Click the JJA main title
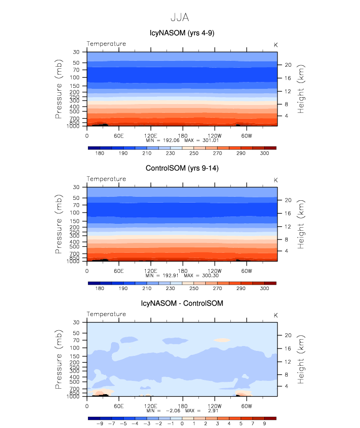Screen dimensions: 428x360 [x=179, y=17]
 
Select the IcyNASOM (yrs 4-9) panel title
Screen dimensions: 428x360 [x=182, y=33]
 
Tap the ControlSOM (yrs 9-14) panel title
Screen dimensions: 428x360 [x=182, y=168]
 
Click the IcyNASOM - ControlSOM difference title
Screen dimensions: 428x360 [x=182, y=303]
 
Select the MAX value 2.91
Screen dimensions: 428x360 [x=206, y=410]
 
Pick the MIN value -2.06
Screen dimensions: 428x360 [x=164, y=410]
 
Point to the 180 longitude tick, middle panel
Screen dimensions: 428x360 [x=182, y=270]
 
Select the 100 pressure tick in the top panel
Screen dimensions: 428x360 [x=76, y=78]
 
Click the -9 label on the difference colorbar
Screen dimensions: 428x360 [x=100, y=423]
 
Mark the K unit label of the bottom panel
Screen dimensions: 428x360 [x=276, y=315]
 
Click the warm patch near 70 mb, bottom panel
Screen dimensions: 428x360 [x=222, y=340]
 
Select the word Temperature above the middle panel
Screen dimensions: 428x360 [x=106, y=179]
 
